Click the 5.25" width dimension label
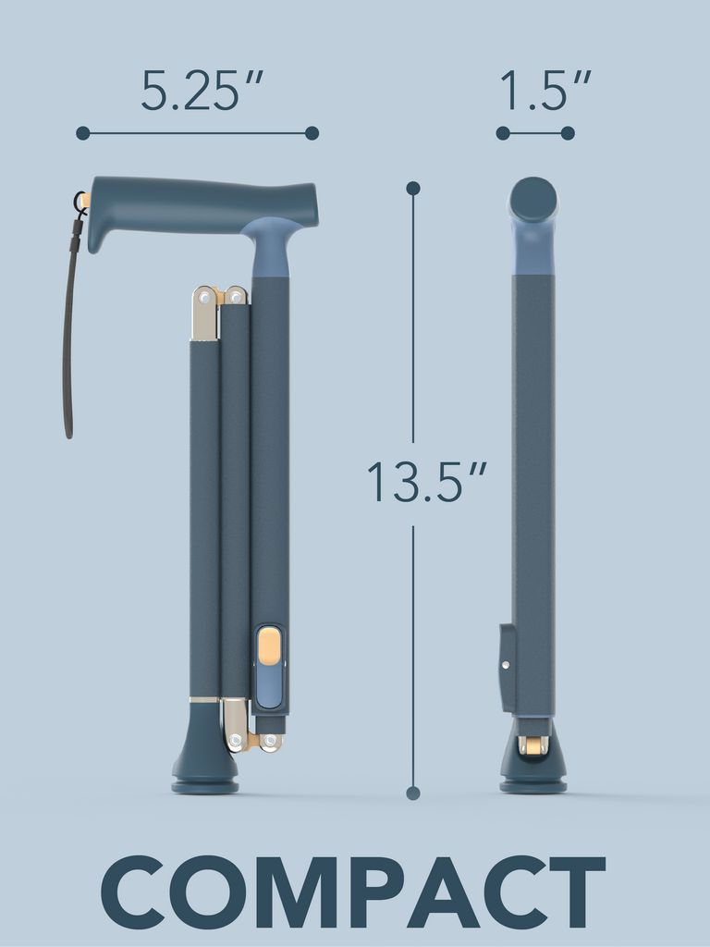202,91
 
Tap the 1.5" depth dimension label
545,91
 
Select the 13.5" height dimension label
426,482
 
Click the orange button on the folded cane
269,646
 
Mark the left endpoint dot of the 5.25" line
83,133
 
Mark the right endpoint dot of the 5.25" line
312,133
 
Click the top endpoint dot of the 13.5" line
413,189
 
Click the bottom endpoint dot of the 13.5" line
413,793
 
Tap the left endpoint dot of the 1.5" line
503,133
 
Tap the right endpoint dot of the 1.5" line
568,133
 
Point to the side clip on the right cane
508,666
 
